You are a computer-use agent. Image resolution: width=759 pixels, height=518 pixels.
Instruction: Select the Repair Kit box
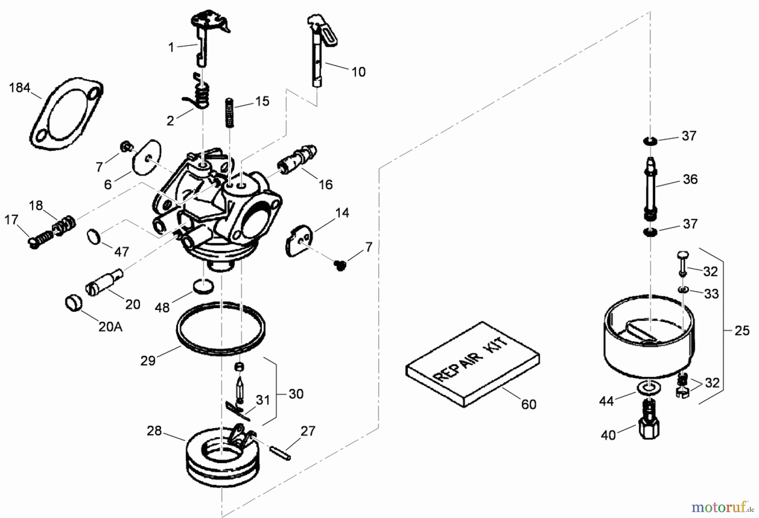click(472, 365)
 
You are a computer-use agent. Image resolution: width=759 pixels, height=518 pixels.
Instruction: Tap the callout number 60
click(528, 404)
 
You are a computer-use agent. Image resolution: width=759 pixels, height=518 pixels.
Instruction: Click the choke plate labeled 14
click(299, 241)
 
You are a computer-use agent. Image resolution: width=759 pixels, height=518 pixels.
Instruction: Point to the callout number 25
click(742, 331)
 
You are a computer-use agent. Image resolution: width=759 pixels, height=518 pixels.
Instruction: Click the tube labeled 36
click(651, 188)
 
